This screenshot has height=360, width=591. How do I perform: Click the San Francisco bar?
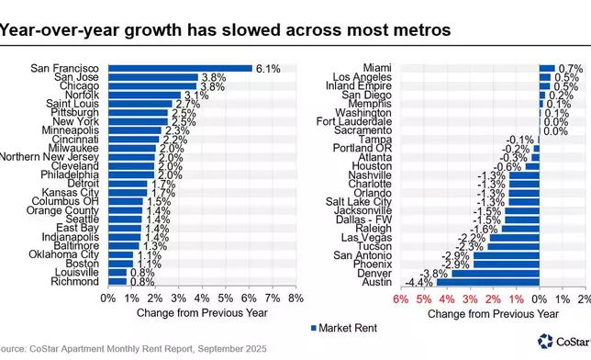(x=180, y=68)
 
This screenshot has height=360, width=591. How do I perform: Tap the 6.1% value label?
(x=269, y=68)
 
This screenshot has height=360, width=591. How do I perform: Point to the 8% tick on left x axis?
(x=295, y=298)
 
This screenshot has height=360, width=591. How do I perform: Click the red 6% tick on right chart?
(x=400, y=298)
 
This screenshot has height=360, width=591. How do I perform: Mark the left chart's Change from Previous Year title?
(x=200, y=312)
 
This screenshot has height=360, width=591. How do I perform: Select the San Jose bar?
(x=152, y=77)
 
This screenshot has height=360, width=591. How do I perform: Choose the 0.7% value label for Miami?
(x=571, y=68)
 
